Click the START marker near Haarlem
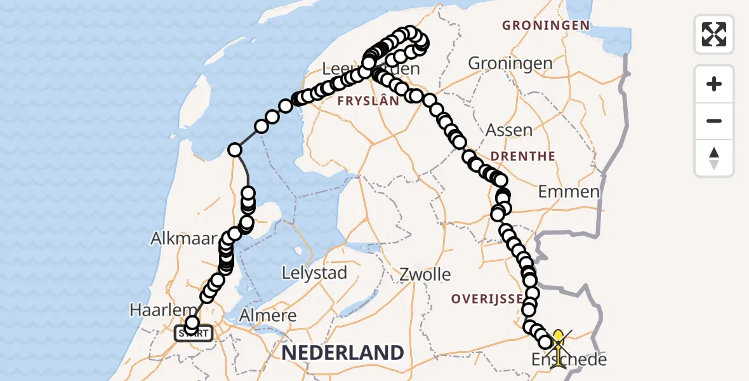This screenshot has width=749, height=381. click(194, 333)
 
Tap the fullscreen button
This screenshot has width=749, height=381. click(714, 34)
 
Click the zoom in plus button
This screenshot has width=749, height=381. click(714, 84)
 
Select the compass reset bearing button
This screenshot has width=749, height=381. click(714, 158)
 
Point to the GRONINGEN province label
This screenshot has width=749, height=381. click(545, 26)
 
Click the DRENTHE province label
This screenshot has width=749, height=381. click(524, 156)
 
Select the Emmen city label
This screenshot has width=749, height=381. click(568, 192)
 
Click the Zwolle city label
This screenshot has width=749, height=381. click(425, 275)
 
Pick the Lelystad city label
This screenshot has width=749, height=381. click(315, 273)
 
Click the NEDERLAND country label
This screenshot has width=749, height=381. click(343, 352)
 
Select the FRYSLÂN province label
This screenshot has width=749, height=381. click(368, 101)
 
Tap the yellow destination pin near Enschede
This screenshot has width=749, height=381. click(558, 339)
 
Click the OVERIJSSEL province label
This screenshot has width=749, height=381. click(487, 298)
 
